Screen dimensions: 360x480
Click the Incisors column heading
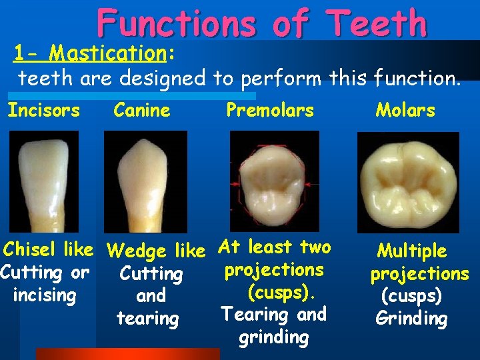coord(43,110)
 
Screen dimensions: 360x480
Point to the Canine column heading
coord(142,110)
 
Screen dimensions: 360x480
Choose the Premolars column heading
coord(270,110)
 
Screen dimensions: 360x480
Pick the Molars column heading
coord(405,110)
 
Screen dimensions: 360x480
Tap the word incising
coord(44,295)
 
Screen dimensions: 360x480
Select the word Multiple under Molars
coord(412,251)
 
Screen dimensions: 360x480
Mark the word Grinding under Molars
coord(411,318)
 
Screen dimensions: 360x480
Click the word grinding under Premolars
coord(273,337)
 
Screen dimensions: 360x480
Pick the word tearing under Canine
coord(148,319)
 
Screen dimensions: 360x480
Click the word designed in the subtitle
coord(165,79)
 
